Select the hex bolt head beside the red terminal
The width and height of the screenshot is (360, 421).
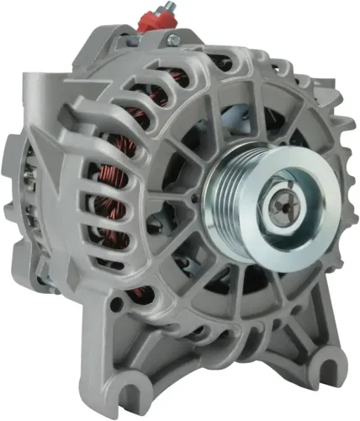click(172, 38)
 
